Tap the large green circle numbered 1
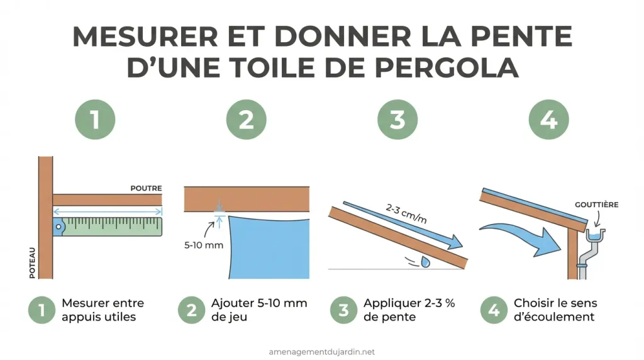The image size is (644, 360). point(95,119)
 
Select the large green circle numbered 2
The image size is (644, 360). point(246,119)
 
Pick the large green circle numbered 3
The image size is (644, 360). point(397,119)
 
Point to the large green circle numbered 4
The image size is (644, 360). point(548,119)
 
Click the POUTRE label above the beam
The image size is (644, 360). point(146,188)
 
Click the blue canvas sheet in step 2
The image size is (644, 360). point(270,249)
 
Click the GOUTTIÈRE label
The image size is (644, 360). point(597,205)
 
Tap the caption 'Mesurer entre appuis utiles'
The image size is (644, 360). point(99,310)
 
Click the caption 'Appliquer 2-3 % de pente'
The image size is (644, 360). point(409,310)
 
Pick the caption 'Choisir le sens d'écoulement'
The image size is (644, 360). point(554,310)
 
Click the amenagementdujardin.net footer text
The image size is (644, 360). point(321,352)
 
